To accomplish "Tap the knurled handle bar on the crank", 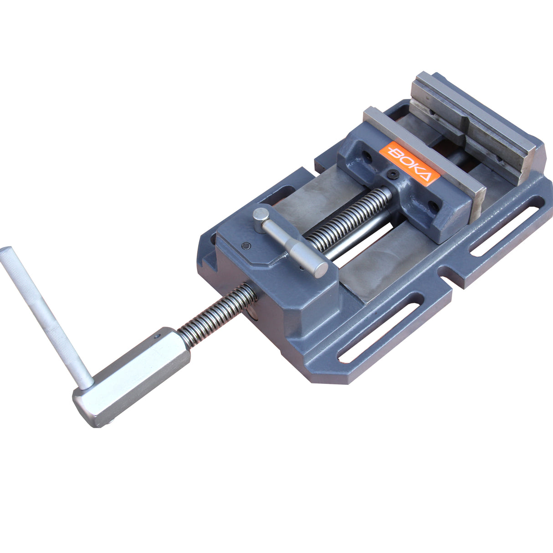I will click(x=43, y=314).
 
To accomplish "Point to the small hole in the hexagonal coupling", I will click(x=158, y=337).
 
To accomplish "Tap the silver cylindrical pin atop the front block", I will click(x=292, y=242).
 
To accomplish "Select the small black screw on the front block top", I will click(x=246, y=246).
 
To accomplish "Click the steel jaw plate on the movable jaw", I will click(x=424, y=150).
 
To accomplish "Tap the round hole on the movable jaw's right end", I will click(x=432, y=208).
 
